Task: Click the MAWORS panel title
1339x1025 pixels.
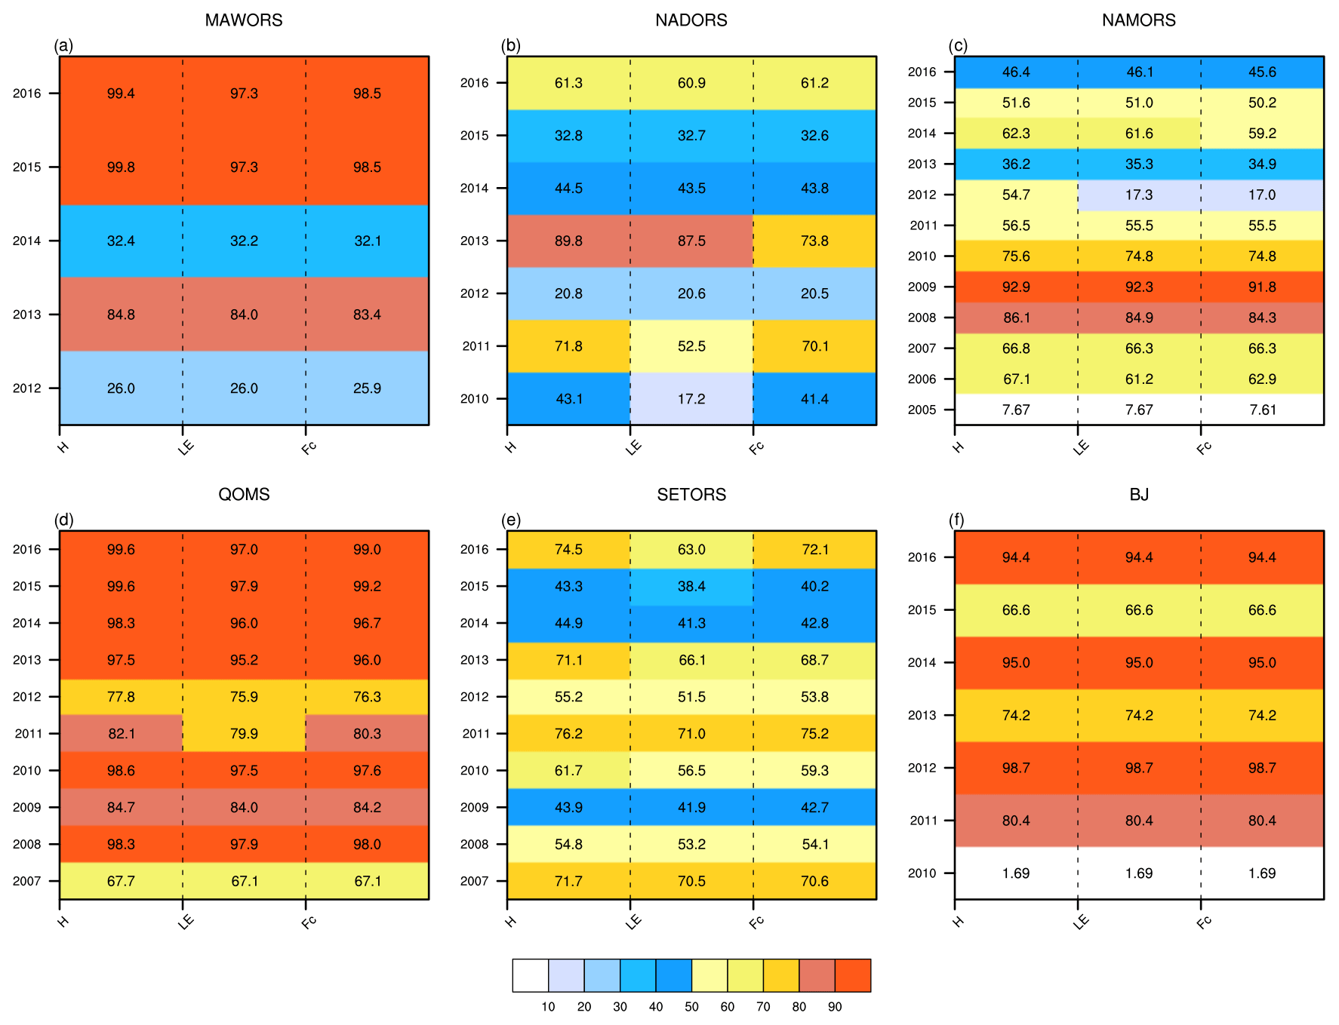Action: pyautogui.click(x=244, y=20)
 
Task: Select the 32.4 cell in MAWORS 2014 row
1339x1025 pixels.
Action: pyautogui.click(x=121, y=241)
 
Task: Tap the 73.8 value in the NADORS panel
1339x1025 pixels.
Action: pyautogui.click(x=814, y=241)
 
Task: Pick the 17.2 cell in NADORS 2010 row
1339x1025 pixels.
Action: pyautogui.click(x=691, y=399)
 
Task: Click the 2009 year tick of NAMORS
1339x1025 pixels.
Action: pyautogui.click(x=922, y=287)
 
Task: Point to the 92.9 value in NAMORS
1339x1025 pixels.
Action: pyautogui.click(x=1016, y=287)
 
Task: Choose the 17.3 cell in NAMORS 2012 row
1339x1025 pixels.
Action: pyautogui.click(x=1139, y=195)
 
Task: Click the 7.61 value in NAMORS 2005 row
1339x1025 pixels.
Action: pyautogui.click(x=1262, y=410)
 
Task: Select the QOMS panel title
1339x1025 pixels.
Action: pyautogui.click(x=244, y=495)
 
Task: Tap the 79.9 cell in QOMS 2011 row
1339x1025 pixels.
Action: pyautogui.click(x=244, y=734)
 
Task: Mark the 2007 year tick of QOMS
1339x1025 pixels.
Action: pyautogui.click(x=26, y=881)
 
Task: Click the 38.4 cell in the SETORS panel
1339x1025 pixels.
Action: pyautogui.click(x=691, y=587)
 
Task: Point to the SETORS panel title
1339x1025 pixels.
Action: pyautogui.click(x=691, y=495)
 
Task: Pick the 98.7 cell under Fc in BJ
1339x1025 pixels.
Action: pyautogui.click(x=1262, y=769)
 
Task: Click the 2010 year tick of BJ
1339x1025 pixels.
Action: pyautogui.click(x=922, y=873)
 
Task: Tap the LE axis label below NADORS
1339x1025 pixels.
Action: pyautogui.click(x=633, y=447)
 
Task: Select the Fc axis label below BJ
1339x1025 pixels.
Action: pyautogui.click(x=1204, y=922)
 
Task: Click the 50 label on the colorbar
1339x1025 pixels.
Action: pyautogui.click(x=691, y=1007)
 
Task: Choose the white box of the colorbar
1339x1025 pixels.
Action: pyautogui.click(x=530, y=975)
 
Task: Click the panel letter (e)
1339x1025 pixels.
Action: pyautogui.click(x=511, y=520)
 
